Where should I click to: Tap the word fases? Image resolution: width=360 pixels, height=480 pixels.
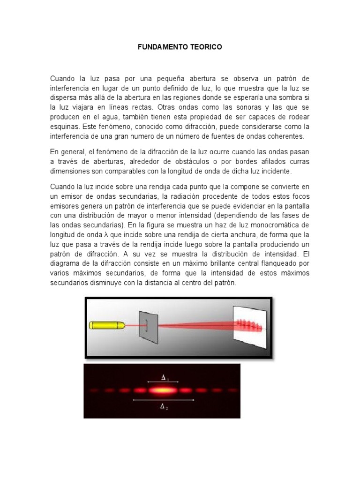pos(289,215)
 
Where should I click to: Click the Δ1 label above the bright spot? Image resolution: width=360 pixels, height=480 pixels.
pos(164,378)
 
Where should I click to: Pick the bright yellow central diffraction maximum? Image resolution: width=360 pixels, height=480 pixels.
pos(163,390)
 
